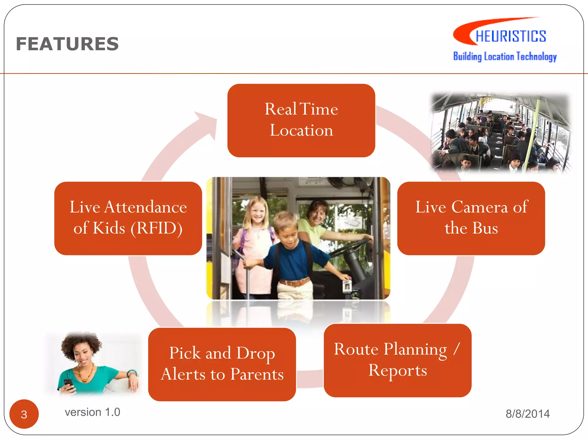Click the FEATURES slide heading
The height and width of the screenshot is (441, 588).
67,44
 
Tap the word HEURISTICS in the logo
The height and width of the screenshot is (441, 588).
510,36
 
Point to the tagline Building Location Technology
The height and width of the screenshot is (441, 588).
505,56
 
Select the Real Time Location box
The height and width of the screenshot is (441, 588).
301,120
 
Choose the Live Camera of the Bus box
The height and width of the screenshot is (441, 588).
471,218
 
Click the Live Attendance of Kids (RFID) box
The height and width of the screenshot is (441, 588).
128,218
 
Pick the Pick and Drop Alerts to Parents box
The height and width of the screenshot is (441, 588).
222,364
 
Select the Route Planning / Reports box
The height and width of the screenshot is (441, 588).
398,360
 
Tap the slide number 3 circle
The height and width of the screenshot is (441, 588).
24,414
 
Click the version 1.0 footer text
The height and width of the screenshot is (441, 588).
92,412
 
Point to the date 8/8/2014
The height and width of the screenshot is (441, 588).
527,414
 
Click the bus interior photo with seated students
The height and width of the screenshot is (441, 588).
500,133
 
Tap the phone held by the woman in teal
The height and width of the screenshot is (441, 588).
69,383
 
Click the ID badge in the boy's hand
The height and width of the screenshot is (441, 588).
347,286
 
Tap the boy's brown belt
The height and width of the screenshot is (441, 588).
294,282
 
